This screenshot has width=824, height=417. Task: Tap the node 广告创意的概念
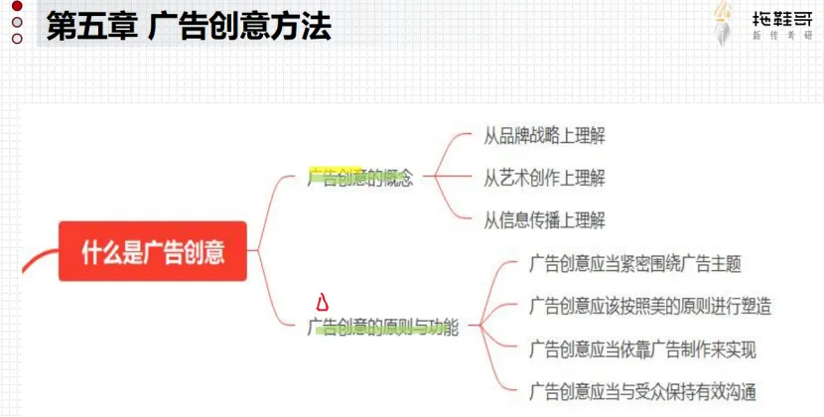click(360, 180)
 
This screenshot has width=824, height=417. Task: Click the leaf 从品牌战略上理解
click(544, 136)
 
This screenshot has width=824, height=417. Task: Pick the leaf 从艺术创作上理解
click(544, 179)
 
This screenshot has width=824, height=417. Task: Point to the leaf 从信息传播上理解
click(544, 220)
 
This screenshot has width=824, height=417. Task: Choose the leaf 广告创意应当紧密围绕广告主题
click(635, 264)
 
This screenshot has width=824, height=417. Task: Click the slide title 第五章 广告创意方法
click(188, 26)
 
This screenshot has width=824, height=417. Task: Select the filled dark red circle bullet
click(16, 8)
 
